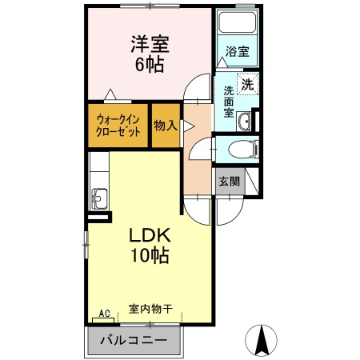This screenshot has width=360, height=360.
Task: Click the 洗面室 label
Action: click(227, 102)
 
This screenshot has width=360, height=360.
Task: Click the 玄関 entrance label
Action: click(228, 182)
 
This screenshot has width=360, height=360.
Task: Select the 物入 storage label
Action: click(165, 125)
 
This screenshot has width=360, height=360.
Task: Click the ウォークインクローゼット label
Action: click(118, 126)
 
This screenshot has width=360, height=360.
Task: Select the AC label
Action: click(103, 313)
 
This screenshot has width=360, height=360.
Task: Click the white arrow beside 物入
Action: click(187, 126)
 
